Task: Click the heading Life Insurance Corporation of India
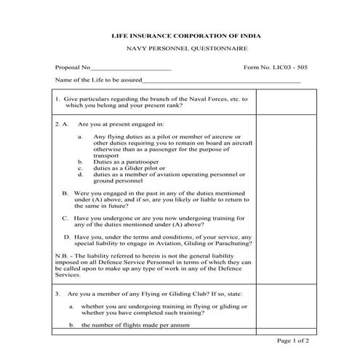coord(185,35)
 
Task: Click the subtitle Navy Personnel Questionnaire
coord(185,49)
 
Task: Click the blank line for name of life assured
coord(221,81)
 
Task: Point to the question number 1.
coord(57,97)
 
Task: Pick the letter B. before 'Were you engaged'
coord(65,193)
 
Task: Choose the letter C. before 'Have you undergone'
coord(65,217)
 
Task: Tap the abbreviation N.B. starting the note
coord(61,256)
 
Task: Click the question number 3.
coord(57,293)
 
